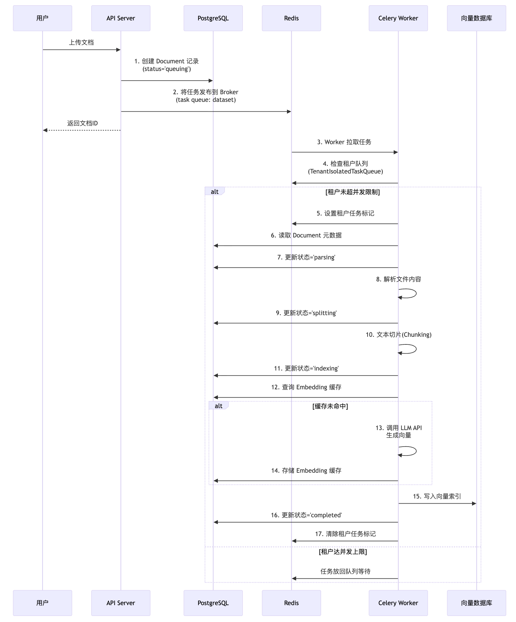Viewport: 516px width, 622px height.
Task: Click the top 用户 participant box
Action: click(x=42, y=18)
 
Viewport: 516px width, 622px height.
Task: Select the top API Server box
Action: click(x=121, y=18)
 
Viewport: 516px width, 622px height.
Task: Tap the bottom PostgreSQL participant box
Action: click(x=213, y=603)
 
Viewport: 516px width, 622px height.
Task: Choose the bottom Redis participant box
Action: click(x=291, y=603)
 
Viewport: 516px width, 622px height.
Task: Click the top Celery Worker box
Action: click(x=398, y=18)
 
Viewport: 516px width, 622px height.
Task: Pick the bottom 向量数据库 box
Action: click(x=477, y=603)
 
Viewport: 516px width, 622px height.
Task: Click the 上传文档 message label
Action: click(x=82, y=42)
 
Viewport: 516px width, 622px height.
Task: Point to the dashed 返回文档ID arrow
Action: click(x=82, y=130)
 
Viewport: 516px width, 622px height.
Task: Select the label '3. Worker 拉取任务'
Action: click(x=344, y=142)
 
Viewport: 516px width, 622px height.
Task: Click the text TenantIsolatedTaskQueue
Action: click(x=346, y=171)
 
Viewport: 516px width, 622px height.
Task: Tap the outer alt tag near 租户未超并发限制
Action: click(x=215, y=191)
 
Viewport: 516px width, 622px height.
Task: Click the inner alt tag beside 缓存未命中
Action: click(x=219, y=406)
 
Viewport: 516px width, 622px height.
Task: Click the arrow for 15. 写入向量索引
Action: click(x=437, y=503)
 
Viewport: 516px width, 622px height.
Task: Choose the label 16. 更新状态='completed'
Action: click(x=306, y=515)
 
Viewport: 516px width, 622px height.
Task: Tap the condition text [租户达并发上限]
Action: click(x=343, y=552)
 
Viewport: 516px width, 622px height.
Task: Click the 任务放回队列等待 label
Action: click(x=346, y=571)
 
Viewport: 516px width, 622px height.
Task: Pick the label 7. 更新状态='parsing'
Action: click(x=306, y=257)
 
